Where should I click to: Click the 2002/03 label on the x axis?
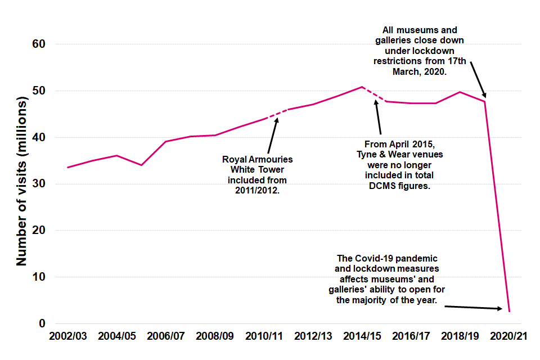pos(68,336)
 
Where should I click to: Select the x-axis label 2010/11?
pos(264,336)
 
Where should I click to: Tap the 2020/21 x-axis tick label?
pos(508,336)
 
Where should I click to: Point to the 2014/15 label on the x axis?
pos(362,336)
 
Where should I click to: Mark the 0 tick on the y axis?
pos(42,324)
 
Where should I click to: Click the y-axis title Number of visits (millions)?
pos(21,183)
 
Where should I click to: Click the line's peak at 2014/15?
pos(362,87)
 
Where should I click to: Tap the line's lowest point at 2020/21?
pos(508,311)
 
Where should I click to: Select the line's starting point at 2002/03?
pos(68,167)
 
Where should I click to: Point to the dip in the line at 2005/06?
pos(141,165)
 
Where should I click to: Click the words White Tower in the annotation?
pos(257,170)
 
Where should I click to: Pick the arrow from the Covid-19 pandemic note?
pos(472,307)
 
